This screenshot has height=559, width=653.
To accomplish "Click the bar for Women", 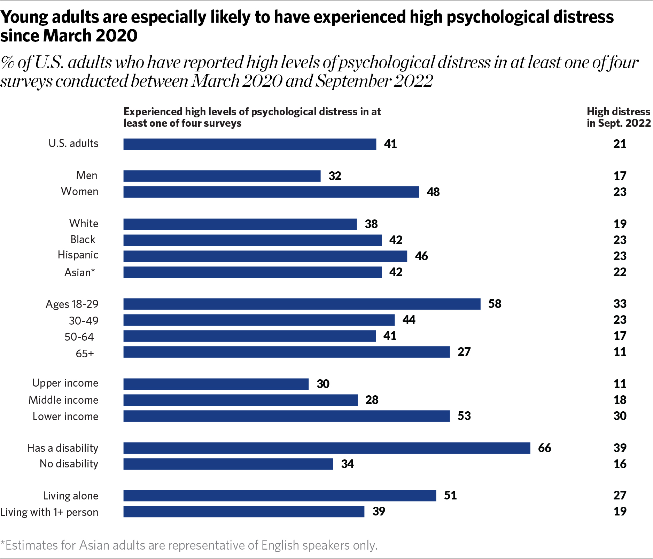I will click(271, 192).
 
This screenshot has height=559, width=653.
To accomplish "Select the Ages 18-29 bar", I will click(302, 304).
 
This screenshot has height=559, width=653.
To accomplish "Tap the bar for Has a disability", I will click(327, 448).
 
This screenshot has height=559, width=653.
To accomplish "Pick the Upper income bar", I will click(216, 384).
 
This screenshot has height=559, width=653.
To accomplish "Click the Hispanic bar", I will click(265, 256).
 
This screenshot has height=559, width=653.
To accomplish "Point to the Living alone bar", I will click(280, 496).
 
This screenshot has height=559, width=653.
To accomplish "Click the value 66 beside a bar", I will click(544, 448).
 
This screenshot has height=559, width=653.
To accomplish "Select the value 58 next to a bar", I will click(495, 304).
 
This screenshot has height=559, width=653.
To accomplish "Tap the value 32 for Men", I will click(335, 176).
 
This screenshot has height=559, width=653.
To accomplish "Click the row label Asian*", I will click(79, 272).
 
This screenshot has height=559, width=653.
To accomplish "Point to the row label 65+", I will click(85, 354).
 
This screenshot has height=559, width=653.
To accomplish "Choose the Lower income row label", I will click(65, 416).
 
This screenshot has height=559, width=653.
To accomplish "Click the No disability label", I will click(69, 464).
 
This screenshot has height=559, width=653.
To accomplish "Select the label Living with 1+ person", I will click(49, 512).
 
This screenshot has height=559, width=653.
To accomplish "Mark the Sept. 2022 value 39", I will click(620, 448).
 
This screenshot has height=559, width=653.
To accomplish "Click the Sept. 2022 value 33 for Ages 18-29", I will click(620, 304).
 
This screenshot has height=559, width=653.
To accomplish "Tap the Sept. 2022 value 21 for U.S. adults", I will click(620, 144).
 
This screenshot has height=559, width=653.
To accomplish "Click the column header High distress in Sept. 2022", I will click(619, 117).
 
